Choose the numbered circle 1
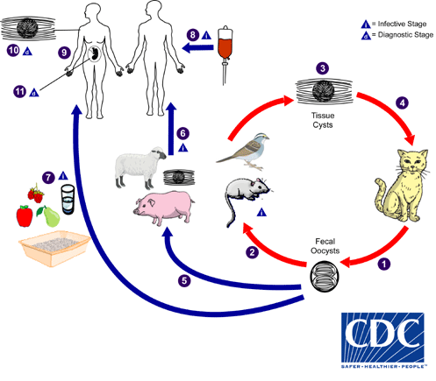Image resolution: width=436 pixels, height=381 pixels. click(382, 261)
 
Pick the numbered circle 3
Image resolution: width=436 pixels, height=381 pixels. click(323, 68)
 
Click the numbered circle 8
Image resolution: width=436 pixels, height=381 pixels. click(193, 35)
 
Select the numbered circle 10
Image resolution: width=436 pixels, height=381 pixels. click(12, 52)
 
